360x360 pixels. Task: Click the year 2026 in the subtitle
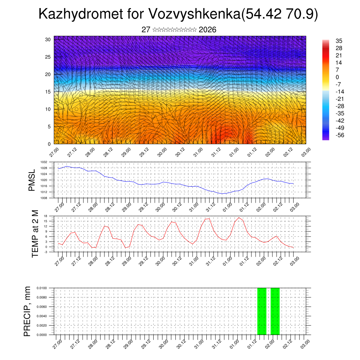coord(207,30)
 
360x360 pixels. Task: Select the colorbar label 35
coord(339,41)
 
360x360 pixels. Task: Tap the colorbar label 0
coord(337,77)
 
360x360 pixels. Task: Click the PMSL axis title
coord(32,180)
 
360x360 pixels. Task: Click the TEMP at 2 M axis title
coord(35,234)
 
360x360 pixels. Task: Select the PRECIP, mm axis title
coord(27,311)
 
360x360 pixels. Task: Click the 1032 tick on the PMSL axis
coord(44,162)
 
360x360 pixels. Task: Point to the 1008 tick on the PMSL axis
coord(44,198)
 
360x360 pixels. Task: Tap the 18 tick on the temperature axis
coord(46,216)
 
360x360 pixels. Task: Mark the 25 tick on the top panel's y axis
coord(48,57)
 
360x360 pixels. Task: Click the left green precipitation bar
coord(262,311)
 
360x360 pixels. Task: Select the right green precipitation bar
coord(275,311)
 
